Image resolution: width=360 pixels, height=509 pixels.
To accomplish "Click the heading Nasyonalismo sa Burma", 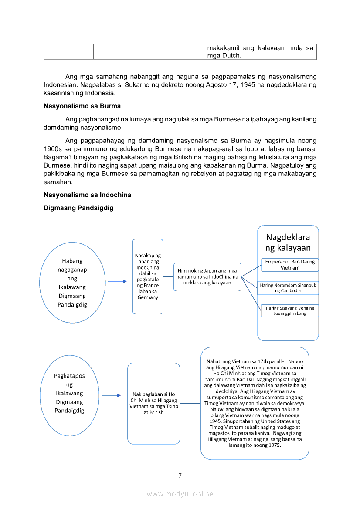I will coord(82,106).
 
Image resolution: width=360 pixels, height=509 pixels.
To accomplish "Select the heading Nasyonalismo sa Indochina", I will coord(87,195).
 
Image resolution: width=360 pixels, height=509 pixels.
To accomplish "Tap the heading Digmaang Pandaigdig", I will coord(78,208).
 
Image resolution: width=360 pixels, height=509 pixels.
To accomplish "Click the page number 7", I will coord(180,475).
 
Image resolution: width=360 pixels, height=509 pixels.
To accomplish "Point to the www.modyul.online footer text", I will coord(180,494).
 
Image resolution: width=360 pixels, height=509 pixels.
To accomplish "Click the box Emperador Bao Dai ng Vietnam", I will coord(290,265).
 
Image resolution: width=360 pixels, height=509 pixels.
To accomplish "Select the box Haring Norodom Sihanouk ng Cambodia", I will coord(288,288).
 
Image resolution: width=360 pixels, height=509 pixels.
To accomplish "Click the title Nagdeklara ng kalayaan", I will coord(288,243).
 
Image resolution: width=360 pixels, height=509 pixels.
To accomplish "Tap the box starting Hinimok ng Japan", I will coord(207,276).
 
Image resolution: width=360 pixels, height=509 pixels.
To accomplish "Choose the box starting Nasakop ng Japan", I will coord(148,276).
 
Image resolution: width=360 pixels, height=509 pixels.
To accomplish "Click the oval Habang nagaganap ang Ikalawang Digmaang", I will coord(72,283).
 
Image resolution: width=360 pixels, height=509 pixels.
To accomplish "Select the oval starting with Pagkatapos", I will coord(69,395).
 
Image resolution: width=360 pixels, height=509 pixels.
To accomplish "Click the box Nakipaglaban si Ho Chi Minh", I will coord(153,403).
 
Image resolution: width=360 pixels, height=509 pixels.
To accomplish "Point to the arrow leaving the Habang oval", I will coord(117,281).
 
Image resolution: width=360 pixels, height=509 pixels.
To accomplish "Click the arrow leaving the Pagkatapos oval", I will coord(112,395).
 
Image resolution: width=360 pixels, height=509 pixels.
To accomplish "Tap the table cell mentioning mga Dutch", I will coord(260,51).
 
